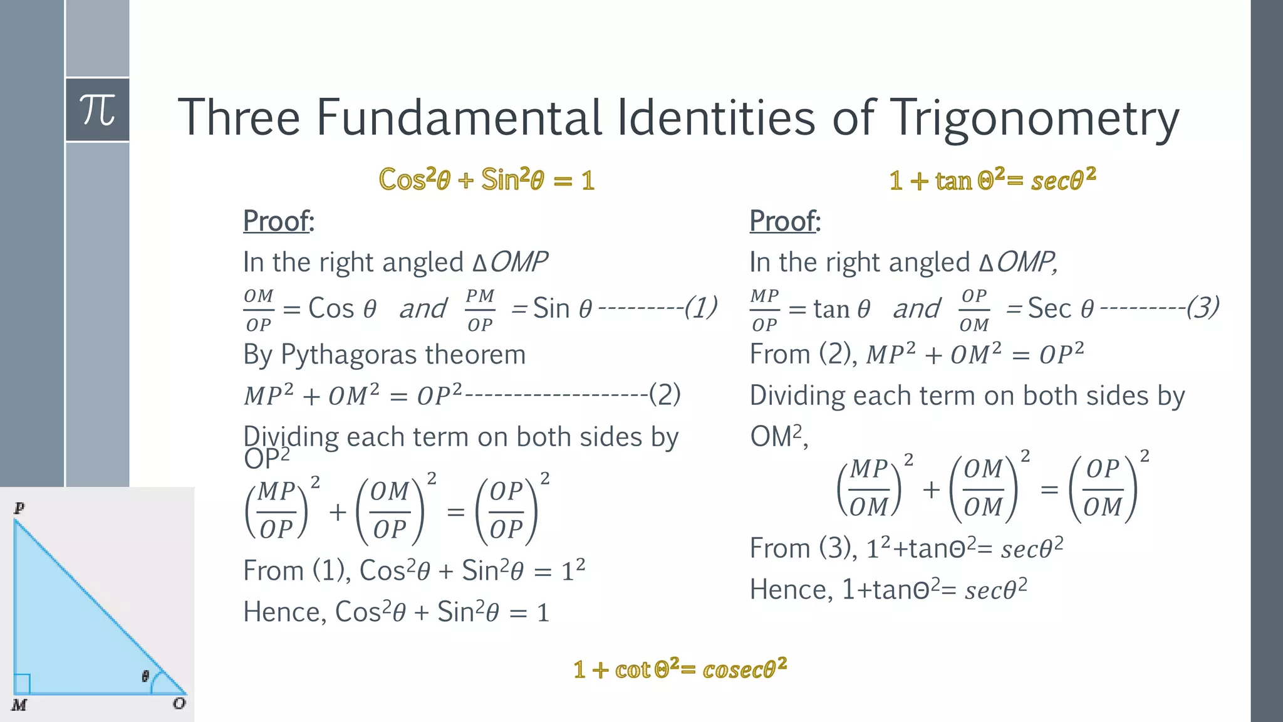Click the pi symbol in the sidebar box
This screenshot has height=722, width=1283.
pyautogui.click(x=98, y=110)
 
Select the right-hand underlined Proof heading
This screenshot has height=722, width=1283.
pyautogui.click(x=784, y=221)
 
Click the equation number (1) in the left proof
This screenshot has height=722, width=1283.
pyautogui.click(x=700, y=307)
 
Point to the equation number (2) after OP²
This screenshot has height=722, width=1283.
pyautogui.click(x=665, y=394)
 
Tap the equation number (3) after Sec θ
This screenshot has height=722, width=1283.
pyautogui.click(x=1203, y=307)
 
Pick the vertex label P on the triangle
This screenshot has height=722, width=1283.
pyautogui.click(x=19, y=508)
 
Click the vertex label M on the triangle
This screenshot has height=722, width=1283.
pyautogui.click(x=19, y=705)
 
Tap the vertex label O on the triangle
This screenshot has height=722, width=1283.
pyautogui.click(x=179, y=703)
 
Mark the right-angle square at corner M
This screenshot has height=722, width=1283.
pyautogui.click(x=22, y=683)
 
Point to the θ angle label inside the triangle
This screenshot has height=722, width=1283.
pyautogui.click(x=145, y=676)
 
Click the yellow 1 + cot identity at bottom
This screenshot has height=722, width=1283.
pyautogui.click(x=680, y=669)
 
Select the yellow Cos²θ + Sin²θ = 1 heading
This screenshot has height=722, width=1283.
pyautogui.click(x=487, y=180)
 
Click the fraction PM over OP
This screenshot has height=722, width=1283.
pyautogui.click(x=480, y=310)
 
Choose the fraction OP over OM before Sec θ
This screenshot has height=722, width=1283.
pyautogui.click(x=974, y=310)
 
